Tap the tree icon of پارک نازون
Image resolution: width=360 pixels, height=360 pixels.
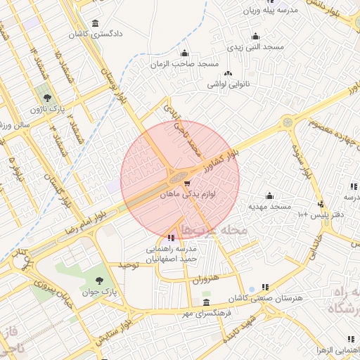click(47, 98)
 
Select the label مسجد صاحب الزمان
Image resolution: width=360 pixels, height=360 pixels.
click(185, 64)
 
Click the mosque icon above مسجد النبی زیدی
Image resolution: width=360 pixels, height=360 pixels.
click(255, 36)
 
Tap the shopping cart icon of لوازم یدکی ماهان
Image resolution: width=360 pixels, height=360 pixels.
click(187, 184)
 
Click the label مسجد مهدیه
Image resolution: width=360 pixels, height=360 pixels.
click(270, 207)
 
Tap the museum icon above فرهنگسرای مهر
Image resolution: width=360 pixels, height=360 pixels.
click(205, 302)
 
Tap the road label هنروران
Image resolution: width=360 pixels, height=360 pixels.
click(205, 279)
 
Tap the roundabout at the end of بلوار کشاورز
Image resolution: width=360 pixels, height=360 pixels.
click(288, 122)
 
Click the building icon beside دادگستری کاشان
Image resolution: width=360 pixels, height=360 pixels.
click(95, 22)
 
